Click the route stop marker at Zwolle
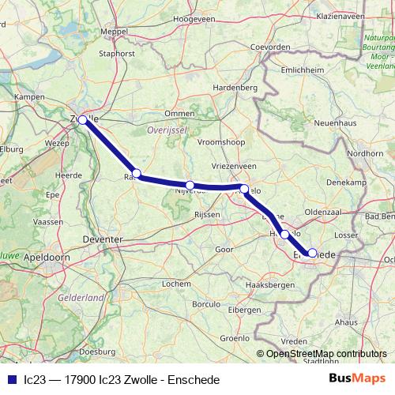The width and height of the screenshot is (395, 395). pyautogui.click(x=82, y=120)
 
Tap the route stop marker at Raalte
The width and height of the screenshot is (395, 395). pyautogui.click(x=137, y=174)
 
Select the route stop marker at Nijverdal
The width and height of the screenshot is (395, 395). pyautogui.click(x=190, y=185)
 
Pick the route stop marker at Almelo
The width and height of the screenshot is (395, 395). pyautogui.click(x=245, y=189)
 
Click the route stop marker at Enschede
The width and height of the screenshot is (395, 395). pyautogui.click(x=312, y=253)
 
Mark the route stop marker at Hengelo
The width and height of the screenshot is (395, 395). pyautogui.click(x=284, y=234)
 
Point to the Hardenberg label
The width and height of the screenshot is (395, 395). pyautogui.click(x=236, y=87)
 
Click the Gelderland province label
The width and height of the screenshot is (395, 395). pyautogui.click(x=81, y=298)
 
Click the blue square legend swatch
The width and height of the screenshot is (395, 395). pyautogui.click(x=10, y=379)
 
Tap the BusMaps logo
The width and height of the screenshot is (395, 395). pyautogui.click(x=356, y=378)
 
